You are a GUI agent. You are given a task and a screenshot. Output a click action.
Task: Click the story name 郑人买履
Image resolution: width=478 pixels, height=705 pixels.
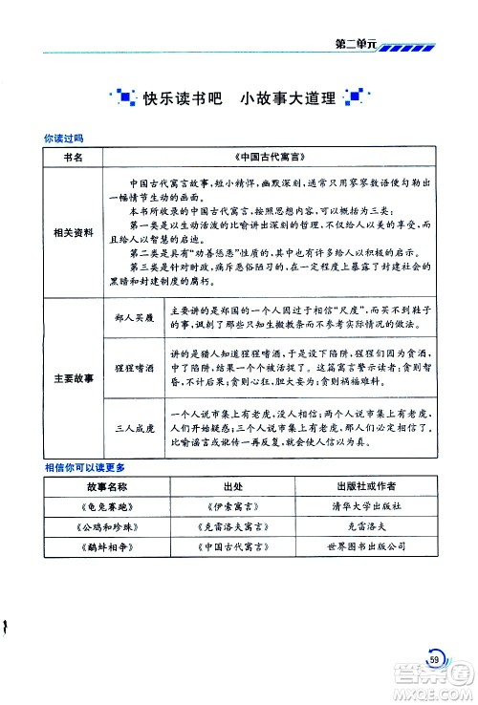(132, 314)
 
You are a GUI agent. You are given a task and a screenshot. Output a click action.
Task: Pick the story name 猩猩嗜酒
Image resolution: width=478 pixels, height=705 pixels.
(132, 366)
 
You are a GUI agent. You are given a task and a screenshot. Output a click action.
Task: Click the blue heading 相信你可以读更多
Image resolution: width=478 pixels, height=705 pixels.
(85, 469)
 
